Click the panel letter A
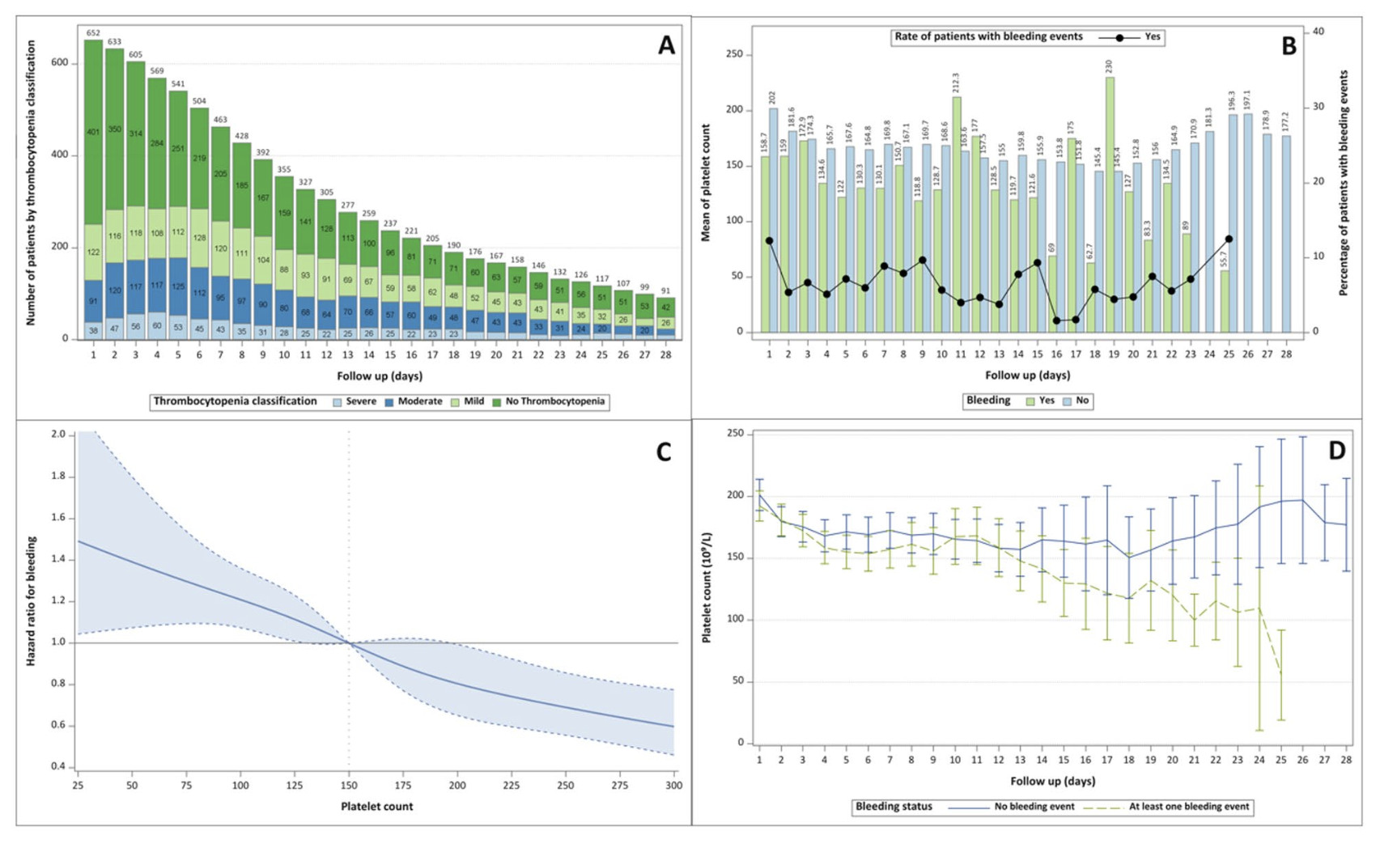click(665, 45)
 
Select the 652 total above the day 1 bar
click(93, 33)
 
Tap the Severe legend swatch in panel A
click(337, 402)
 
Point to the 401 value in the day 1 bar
click(93, 132)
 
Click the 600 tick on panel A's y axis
click(60, 63)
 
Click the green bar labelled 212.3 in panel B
click(957, 214)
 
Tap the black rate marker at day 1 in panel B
click(769, 241)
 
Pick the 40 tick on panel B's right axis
click(1319, 32)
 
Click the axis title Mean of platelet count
click(706, 182)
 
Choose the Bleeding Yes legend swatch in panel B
click(1030, 401)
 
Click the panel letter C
click(664, 452)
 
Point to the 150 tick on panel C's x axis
click(349, 786)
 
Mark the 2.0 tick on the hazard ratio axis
click(58, 435)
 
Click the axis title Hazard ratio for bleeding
click(32, 600)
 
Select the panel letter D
click(1336, 451)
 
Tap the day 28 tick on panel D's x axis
click(1345, 761)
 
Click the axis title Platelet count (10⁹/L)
click(707, 587)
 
